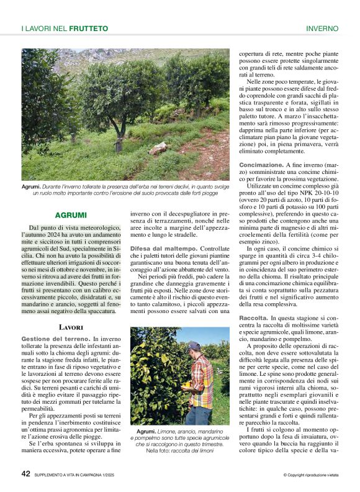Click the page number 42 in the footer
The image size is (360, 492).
point(25,473)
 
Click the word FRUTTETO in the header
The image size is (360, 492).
point(89,29)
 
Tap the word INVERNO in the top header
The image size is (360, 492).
point(322,29)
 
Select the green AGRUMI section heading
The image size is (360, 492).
point(71,215)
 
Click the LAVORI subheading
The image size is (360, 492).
point(71,326)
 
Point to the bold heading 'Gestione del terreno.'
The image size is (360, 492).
point(51,339)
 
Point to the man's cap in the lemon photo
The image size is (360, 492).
point(194,345)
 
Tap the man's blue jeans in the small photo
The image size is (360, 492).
point(198,414)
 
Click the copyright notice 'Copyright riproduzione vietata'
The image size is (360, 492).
point(310,475)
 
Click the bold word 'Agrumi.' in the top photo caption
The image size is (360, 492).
point(31,186)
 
